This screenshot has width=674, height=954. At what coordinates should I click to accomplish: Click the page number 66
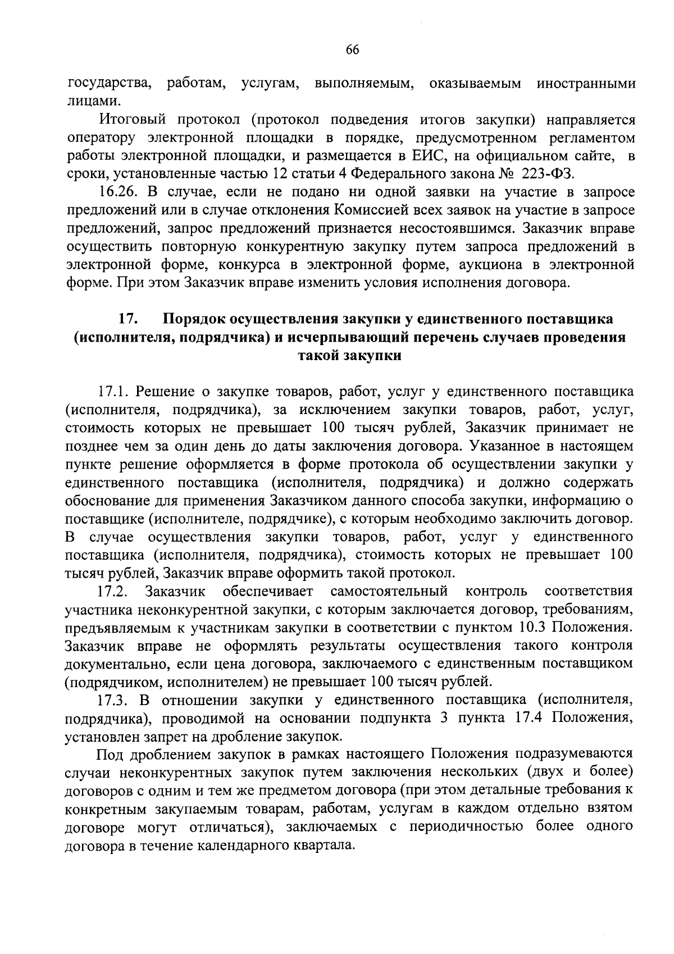pos(352,49)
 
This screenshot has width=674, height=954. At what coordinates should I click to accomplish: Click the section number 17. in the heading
pos(128,319)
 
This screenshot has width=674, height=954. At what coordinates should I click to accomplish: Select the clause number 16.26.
pos(115,193)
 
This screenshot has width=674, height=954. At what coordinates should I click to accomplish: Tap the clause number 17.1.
pos(112,392)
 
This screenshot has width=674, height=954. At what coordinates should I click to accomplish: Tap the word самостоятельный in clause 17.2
pos(389,591)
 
